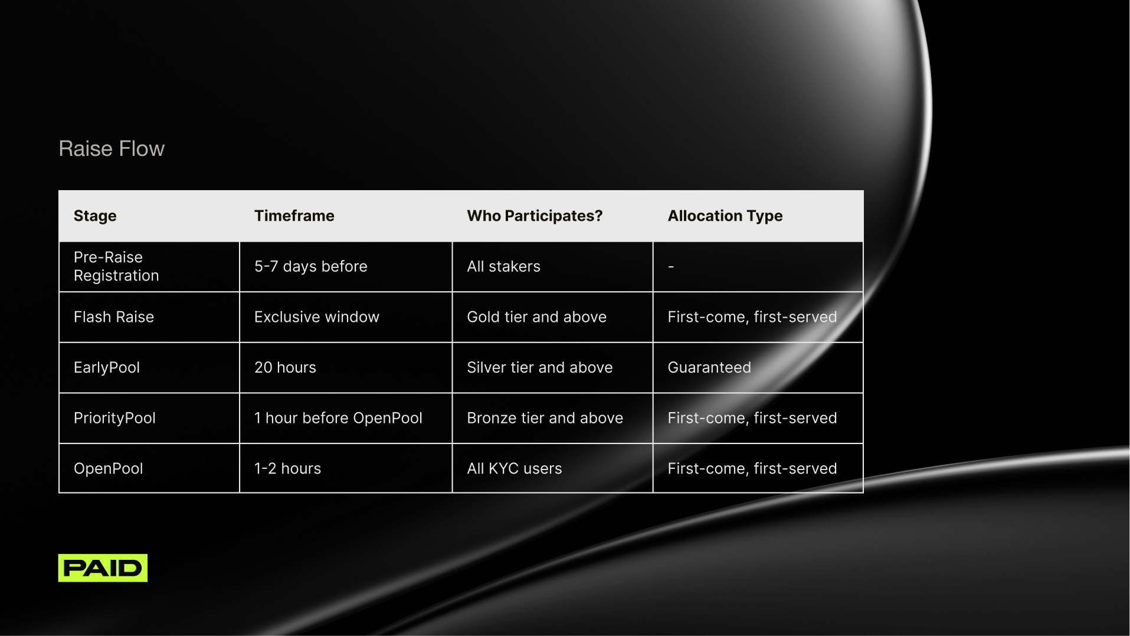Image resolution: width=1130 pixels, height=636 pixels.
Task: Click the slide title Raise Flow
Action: pos(112,149)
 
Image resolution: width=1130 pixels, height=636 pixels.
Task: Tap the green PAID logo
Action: pos(103,567)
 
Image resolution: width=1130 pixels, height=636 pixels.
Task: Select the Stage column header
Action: pos(95,216)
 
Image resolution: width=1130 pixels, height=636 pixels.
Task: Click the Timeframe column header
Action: pos(294,216)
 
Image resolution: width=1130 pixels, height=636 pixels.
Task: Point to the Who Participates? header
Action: pos(535,216)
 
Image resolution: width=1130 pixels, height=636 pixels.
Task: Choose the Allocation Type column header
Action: pos(725,216)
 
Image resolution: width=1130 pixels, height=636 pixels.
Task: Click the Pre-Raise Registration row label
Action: pos(116,266)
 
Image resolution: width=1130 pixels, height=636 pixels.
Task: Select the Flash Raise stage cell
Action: pos(114,317)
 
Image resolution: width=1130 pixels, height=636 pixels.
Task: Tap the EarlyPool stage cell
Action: pos(107,368)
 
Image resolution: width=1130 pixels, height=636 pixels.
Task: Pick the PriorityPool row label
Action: pos(114,418)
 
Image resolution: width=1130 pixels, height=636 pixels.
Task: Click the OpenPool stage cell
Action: pos(109,469)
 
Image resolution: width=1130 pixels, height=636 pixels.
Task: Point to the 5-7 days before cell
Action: pos(311,267)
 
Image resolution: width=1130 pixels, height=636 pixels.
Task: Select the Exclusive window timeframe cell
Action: pos(317,317)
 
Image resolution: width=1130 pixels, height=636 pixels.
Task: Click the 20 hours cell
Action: pos(285,368)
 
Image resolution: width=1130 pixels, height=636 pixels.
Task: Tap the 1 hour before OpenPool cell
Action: pos(338,418)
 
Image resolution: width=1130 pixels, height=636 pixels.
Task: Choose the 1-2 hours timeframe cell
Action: pos(287,469)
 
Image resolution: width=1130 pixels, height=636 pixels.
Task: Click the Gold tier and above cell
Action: pos(536,317)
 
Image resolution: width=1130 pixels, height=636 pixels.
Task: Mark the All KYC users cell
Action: pos(515,469)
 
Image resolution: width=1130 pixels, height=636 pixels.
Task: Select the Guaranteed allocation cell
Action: pos(709,368)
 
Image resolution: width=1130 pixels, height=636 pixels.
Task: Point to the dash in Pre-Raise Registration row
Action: pos(671,267)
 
